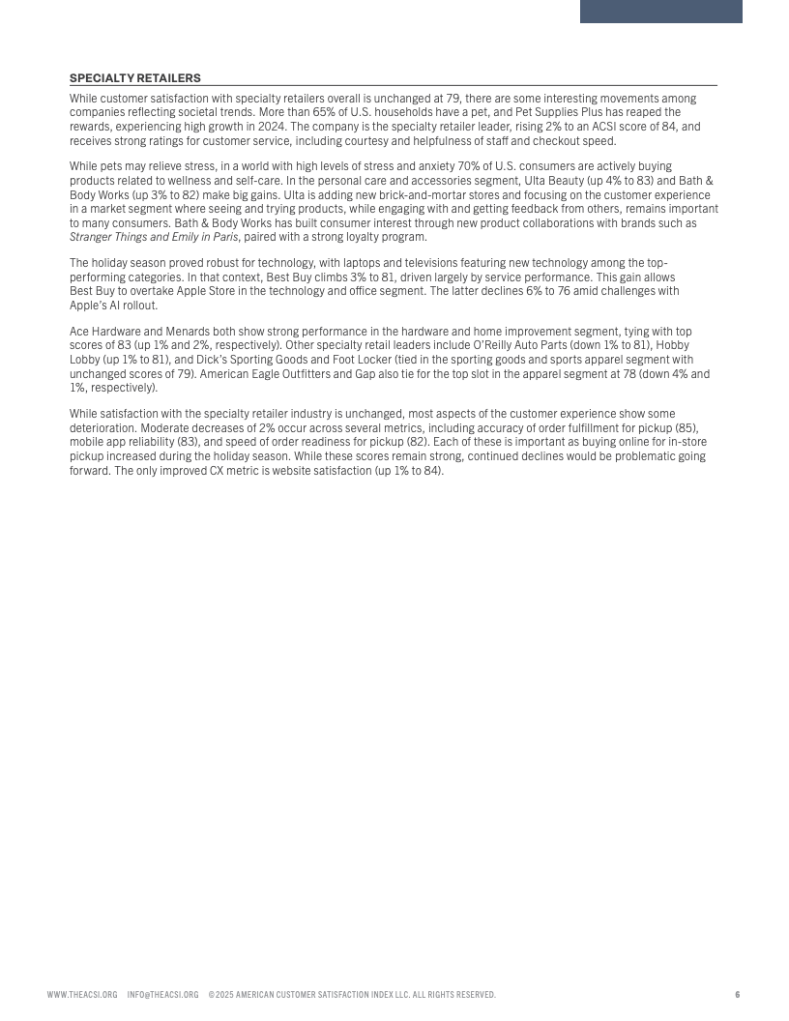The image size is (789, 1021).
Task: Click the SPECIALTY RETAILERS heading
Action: tap(135, 77)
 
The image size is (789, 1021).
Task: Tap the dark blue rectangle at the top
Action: tap(660, 11)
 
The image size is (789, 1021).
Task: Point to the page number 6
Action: tap(737, 994)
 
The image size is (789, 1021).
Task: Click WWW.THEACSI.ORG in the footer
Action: tap(82, 994)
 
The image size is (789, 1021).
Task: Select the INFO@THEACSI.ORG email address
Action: tap(162, 994)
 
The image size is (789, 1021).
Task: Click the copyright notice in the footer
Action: tap(352, 994)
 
